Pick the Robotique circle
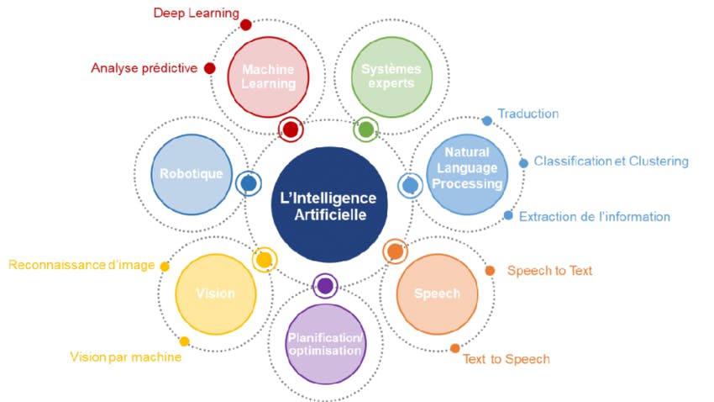pyautogui.click(x=191, y=174)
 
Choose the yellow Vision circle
pyautogui.click(x=215, y=294)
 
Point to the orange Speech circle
pyautogui.click(x=437, y=294)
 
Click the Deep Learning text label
pyautogui.click(x=196, y=13)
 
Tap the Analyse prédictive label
pyautogui.click(x=144, y=68)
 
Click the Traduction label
pyautogui.click(x=528, y=114)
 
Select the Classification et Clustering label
pyautogui.click(x=611, y=161)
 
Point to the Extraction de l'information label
pyautogui.click(x=594, y=216)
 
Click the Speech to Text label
pyautogui.click(x=549, y=271)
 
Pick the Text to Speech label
pyautogui.click(x=506, y=359)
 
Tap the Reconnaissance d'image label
pyautogui.click(x=81, y=266)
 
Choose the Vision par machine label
pyautogui.click(x=125, y=357)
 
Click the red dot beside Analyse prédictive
pyautogui.click(x=209, y=68)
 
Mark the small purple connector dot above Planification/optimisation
pyautogui.click(x=325, y=285)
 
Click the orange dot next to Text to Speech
pyautogui.click(x=454, y=348)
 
